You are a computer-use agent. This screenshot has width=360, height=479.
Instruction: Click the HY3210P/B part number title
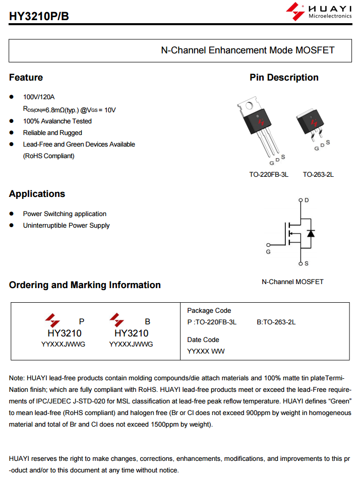coord(39,16)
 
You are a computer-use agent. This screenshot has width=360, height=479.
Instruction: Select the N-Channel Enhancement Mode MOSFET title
coord(248,50)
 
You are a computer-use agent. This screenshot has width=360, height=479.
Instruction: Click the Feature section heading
coord(26,78)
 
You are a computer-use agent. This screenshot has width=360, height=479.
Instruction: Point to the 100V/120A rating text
coord(39,97)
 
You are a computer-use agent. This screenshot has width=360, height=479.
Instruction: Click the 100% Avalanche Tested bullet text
coord(57,121)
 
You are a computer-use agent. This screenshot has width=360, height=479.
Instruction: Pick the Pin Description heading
coord(284,78)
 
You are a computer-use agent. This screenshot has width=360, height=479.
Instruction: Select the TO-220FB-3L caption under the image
coord(269,175)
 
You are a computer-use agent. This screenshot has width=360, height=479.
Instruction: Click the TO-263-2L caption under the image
coord(318,175)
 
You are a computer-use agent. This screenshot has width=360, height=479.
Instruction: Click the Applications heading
coord(37,194)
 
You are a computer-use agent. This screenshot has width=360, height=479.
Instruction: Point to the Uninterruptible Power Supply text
coord(66,226)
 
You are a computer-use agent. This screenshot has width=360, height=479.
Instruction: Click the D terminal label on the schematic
coord(307,200)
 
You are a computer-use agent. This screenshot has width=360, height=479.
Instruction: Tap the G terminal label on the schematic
coord(268,252)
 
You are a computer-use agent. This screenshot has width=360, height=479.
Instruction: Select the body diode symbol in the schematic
coord(311,233)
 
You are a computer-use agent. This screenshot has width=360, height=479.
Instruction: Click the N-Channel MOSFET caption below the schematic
coord(292,282)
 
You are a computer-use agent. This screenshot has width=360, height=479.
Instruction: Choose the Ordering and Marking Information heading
coord(85,285)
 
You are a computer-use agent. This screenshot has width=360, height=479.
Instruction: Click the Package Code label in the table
coord(209,311)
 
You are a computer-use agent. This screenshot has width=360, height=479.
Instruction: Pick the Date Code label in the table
coord(203,340)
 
